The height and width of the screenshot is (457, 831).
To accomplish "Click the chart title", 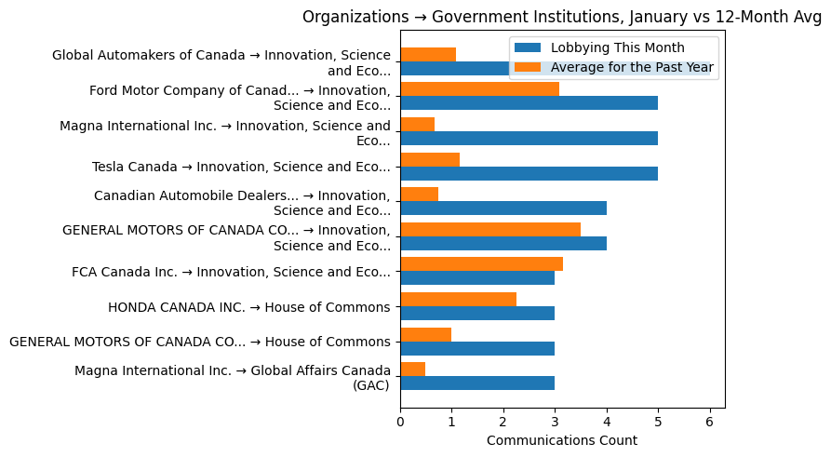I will click(561, 17).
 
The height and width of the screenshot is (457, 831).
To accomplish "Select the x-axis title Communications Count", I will click(561, 440).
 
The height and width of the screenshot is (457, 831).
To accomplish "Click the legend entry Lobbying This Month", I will click(617, 47).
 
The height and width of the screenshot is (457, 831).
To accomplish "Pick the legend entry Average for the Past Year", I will click(632, 67).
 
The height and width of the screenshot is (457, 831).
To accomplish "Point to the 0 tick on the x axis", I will click(400, 421).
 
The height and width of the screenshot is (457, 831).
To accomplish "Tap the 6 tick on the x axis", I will click(709, 421).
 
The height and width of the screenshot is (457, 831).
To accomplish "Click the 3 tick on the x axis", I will click(555, 421).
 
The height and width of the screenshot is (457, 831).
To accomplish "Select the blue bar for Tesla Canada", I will click(529, 173).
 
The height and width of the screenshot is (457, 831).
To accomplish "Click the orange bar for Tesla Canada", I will click(430, 159).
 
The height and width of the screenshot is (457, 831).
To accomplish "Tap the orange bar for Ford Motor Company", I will click(479, 89).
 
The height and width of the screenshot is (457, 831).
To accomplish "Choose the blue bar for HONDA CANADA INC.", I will click(477, 313).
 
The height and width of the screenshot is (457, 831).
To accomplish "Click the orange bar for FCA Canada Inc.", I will click(481, 264).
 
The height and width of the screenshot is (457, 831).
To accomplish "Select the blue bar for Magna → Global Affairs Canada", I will click(477, 383).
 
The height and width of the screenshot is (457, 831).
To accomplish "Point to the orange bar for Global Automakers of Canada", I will click(428, 54).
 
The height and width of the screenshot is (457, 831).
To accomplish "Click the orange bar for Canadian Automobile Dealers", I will click(419, 195).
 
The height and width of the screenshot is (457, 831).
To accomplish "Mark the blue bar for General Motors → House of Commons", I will click(477, 348).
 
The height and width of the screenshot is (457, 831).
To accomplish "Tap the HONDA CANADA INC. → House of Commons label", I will click(248, 306).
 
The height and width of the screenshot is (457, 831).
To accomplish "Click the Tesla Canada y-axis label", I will click(241, 167).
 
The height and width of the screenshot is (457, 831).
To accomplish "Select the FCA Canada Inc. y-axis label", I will click(231, 272).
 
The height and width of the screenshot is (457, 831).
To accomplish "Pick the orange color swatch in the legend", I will click(529, 67).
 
